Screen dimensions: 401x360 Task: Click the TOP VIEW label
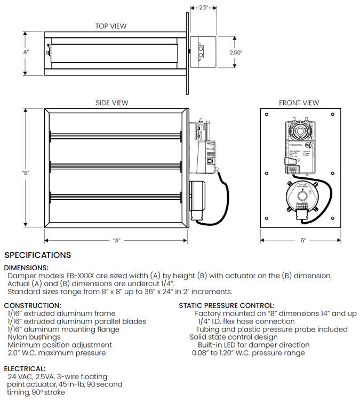pyautogui.click(x=111, y=26)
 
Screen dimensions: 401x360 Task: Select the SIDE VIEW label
pyautogui.click(x=112, y=103)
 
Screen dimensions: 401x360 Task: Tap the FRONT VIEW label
pyautogui.click(x=299, y=103)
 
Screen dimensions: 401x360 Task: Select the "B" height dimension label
pyautogui.click(x=26, y=172)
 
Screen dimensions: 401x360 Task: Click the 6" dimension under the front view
pyautogui.click(x=303, y=240)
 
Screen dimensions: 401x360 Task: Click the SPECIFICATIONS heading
pyautogui.click(x=37, y=255)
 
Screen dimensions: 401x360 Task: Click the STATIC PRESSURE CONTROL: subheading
pyautogui.click(x=227, y=305)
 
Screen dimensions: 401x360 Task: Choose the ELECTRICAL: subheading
pyautogui.click(x=25, y=369)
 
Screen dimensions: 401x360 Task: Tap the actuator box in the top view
pyautogui.click(x=203, y=52)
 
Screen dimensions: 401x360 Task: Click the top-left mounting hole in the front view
pyautogui.click(x=266, y=114)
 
